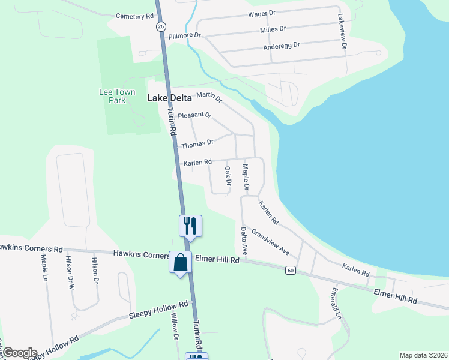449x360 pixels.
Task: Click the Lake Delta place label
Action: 170,98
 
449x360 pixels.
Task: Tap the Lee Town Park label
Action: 113,96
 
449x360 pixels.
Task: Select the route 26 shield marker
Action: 160,26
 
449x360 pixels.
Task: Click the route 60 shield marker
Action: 291,270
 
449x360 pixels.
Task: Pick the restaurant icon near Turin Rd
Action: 191,226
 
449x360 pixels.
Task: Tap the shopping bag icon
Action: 181,263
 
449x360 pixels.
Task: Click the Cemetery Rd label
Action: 134,16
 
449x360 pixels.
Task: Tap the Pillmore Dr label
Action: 184,36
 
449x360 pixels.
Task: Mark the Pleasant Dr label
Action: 195,115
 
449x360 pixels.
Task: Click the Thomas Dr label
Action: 197,144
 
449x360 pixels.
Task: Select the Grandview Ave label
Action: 270,241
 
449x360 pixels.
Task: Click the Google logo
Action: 20,353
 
